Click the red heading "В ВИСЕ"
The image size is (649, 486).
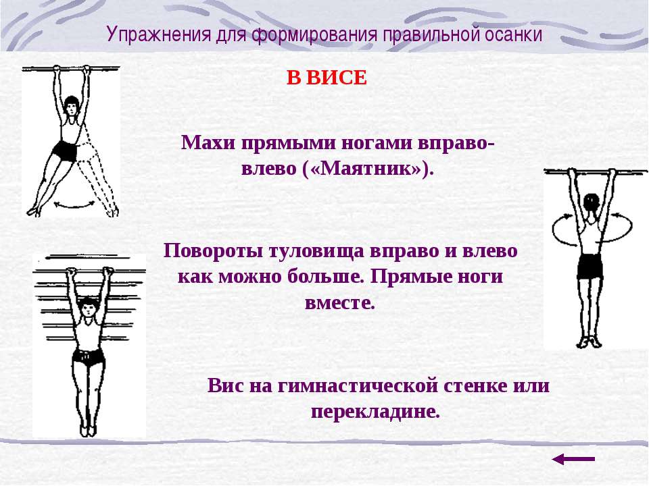[327, 78]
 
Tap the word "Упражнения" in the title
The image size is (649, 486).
[158, 34]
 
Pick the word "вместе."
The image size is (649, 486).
[340, 303]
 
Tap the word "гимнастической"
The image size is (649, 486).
[358, 385]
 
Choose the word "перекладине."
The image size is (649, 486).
[375, 412]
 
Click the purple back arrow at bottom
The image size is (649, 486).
[573, 459]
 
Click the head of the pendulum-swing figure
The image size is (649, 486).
[72, 105]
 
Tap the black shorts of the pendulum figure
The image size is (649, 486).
[65, 151]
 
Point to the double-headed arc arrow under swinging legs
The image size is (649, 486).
[75, 204]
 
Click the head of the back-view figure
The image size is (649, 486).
[591, 205]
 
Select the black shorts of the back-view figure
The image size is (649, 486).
[590, 266]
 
